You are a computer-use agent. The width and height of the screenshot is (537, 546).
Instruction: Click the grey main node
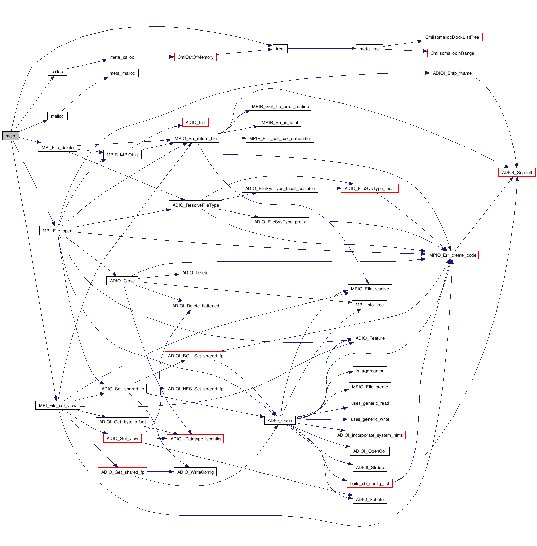10,136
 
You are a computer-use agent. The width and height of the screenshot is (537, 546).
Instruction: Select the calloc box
57,71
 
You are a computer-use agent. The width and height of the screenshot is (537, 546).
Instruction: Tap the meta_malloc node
122,73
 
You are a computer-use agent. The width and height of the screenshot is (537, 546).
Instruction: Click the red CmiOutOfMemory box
195,57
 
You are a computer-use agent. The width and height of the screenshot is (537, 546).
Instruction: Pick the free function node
280,49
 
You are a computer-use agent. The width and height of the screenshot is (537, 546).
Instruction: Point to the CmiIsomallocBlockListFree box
452,37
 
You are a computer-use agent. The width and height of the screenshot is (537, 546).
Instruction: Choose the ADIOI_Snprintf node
517,172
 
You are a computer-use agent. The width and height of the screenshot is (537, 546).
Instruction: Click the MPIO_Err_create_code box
452,255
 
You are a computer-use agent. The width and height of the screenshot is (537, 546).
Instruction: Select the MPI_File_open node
57,231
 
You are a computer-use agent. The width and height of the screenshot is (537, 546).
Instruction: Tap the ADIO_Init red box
195,122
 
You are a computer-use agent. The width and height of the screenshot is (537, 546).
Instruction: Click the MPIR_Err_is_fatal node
280,122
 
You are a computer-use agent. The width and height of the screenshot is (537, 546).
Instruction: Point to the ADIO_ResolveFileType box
196,205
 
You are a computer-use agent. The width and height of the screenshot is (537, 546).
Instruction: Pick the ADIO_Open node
280,420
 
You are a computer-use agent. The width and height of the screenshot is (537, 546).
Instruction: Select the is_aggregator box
370,371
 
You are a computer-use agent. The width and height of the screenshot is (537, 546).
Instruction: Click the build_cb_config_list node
370,483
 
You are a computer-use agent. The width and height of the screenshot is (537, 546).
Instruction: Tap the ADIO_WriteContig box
195,472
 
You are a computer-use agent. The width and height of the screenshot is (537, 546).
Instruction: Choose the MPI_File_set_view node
58,405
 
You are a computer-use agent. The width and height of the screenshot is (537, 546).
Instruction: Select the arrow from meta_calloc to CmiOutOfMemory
156,57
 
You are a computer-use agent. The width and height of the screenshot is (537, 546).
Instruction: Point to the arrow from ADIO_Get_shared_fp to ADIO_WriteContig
160,472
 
